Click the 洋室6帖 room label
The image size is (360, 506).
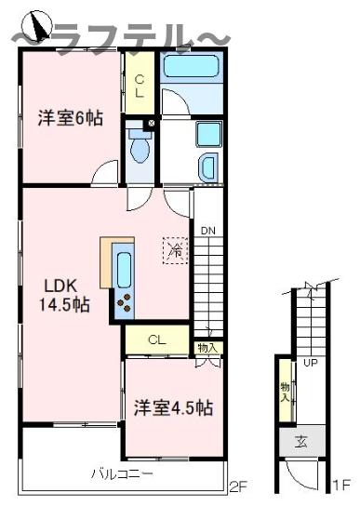[x=70, y=118]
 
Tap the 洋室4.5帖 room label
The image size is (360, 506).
[x=172, y=408]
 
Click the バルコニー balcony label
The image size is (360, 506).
[x=121, y=473]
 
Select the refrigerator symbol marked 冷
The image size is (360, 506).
[x=174, y=248]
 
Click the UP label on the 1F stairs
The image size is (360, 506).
[x=311, y=364]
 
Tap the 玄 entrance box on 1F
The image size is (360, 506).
[x=302, y=441]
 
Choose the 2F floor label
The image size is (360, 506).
[x=241, y=485]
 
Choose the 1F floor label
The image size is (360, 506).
[x=340, y=485]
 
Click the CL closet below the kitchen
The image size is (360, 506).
[x=157, y=340]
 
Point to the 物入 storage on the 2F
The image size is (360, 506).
[x=208, y=348]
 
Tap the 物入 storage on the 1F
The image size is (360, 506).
[x=285, y=390]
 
